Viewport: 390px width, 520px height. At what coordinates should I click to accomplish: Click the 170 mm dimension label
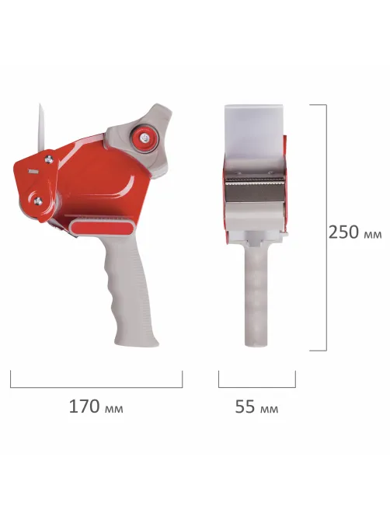click(x=96, y=407)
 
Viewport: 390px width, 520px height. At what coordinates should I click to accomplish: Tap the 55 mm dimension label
click(x=256, y=407)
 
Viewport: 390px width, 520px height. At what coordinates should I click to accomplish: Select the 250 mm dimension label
click(x=355, y=232)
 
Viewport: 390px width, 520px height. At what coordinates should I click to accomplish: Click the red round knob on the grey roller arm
click(x=145, y=138)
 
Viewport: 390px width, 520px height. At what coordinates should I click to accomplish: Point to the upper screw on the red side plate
click(x=49, y=159)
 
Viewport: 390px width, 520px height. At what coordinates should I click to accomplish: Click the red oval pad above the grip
click(x=102, y=228)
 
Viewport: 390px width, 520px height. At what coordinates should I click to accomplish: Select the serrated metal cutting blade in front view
click(x=255, y=188)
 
